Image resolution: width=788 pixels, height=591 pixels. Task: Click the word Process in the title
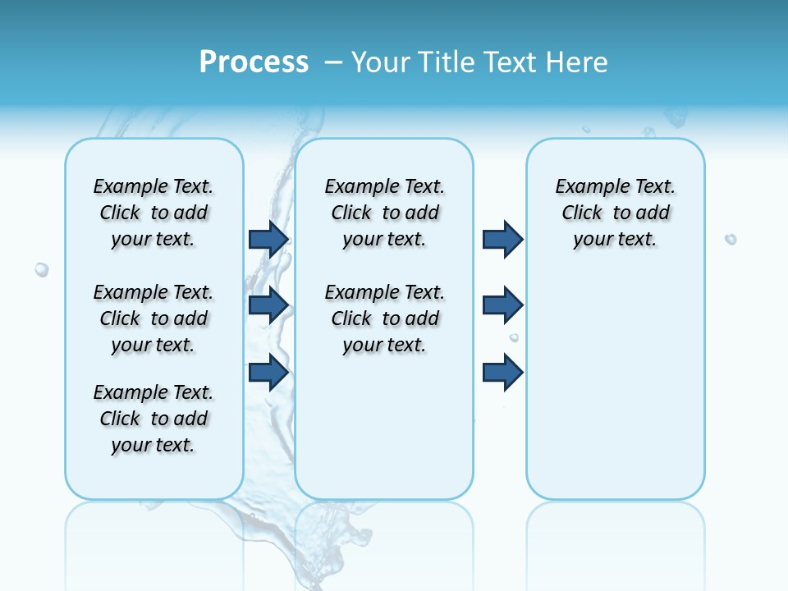[x=254, y=62]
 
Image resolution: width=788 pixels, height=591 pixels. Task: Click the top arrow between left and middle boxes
[x=268, y=239]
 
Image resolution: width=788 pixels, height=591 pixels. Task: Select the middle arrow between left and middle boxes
[x=268, y=305]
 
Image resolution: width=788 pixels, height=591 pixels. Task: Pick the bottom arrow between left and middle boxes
[x=268, y=373]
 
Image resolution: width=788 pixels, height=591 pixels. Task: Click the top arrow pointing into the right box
[x=502, y=239]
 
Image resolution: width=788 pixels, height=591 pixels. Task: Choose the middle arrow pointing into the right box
[x=502, y=305]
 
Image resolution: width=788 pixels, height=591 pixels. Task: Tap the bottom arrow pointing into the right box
[x=502, y=373]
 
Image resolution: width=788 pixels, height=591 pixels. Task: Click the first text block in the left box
[x=153, y=213]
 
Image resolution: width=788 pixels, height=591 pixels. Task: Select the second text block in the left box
[x=153, y=318]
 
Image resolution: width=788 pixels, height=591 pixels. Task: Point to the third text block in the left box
[x=153, y=419]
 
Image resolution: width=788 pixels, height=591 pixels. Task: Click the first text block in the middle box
[x=384, y=213]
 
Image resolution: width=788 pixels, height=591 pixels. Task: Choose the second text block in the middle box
[x=384, y=318]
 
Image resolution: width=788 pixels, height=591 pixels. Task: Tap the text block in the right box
[x=615, y=213]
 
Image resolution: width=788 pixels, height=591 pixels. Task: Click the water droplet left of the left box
[x=41, y=269]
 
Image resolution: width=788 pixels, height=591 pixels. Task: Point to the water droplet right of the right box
[x=731, y=239]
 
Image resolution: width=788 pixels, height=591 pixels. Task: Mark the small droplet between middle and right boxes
[x=514, y=337]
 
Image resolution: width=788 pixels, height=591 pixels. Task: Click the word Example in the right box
[x=586, y=186]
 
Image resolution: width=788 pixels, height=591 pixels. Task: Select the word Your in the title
[x=380, y=62]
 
